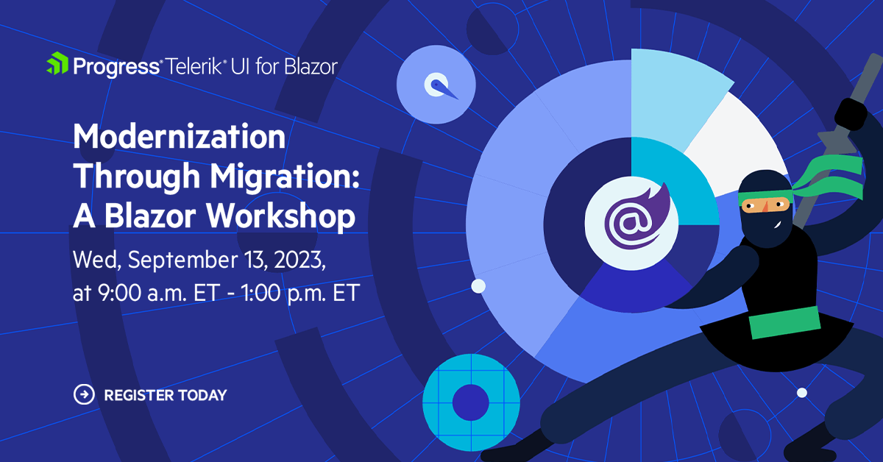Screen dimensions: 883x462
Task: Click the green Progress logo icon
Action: (57, 63)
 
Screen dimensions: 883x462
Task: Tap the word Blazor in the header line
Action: (311, 66)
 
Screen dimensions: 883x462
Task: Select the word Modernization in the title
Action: (180, 136)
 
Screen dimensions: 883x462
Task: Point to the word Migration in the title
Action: (285, 177)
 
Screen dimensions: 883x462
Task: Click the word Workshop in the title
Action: (280, 216)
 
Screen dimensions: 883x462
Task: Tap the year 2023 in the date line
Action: (299, 260)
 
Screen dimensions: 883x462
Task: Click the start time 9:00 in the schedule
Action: (119, 293)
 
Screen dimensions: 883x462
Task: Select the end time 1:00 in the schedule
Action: (260, 293)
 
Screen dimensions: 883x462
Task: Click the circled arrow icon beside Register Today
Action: (84, 394)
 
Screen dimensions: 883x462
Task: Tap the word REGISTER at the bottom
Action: (139, 395)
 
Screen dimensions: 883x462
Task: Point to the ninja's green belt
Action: (784, 322)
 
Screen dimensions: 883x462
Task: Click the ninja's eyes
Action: (765, 205)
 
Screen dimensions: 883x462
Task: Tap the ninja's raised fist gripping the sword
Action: (851, 114)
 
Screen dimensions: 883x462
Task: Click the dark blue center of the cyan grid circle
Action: (471, 402)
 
